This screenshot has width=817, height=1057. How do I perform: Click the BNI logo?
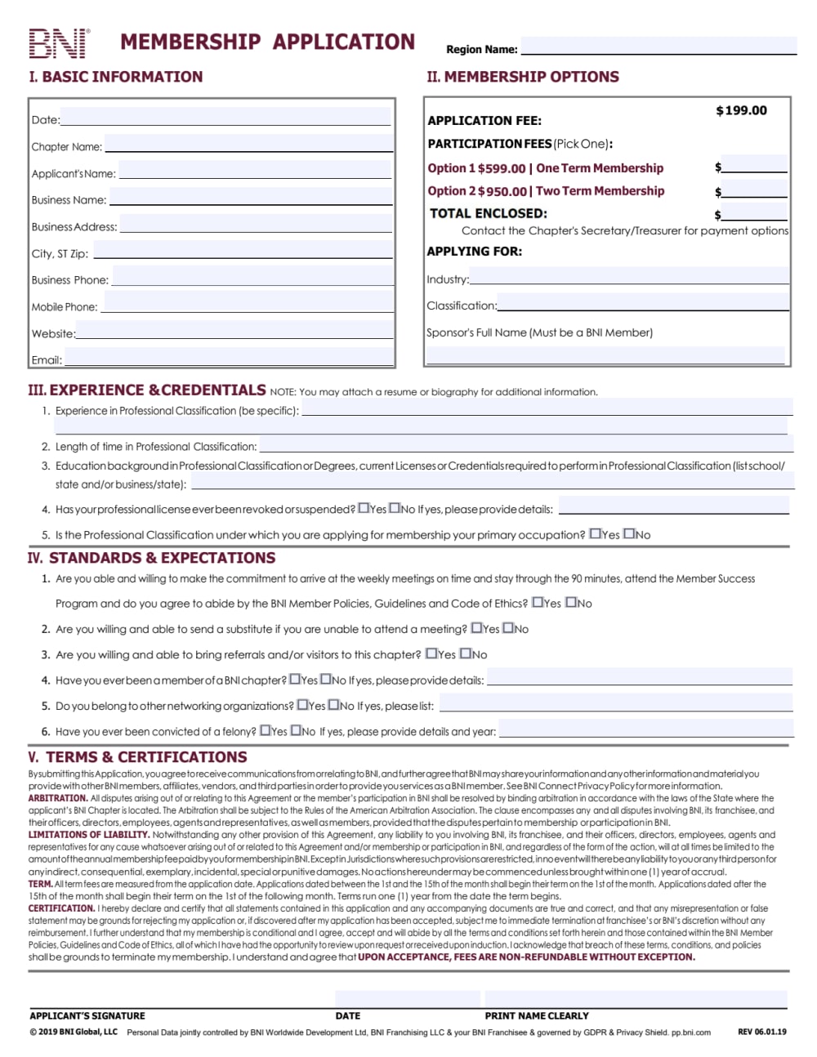[59, 43]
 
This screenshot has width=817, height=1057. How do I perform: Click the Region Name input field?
[659, 46]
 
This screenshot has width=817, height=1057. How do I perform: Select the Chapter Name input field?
[248, 144]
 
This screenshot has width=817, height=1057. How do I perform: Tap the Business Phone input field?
[252, 277]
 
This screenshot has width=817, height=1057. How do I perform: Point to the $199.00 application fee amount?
[741, 110]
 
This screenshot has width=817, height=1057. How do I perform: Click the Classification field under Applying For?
[643, 303]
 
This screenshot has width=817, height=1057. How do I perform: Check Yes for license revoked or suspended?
[364, 508]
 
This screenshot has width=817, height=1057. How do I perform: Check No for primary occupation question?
[630, 534]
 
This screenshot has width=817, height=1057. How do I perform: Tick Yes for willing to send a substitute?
[477, 628]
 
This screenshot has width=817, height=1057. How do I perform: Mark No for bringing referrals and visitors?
[466, 653]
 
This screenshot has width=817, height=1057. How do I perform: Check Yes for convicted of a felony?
[266, 730]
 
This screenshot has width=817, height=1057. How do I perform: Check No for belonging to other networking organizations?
[334, 705]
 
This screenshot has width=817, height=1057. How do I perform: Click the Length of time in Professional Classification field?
[526, 444]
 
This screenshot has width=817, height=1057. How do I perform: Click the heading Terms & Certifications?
[137, 757]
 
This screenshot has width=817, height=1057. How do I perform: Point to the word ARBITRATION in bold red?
[58, 798]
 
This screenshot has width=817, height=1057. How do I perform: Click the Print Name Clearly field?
[636, 999]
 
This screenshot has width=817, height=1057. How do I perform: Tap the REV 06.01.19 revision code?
[761, 1032]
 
